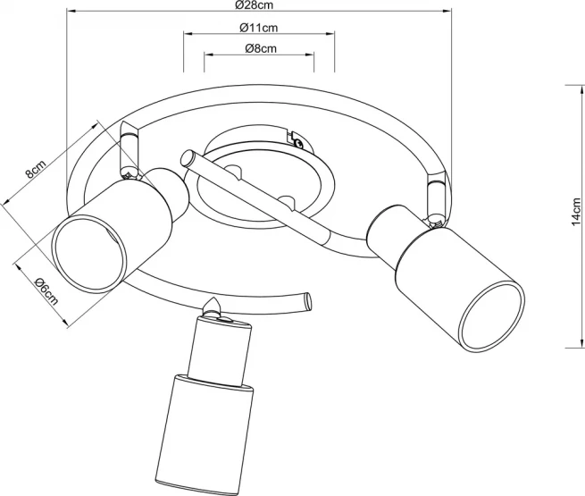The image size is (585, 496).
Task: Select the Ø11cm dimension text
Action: pyautogui.click(x=258, y=28)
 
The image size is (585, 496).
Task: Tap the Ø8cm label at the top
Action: pyautogui.click(x=261, y=48)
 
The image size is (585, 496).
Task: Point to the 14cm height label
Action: pyautogui.click(x=576, y=212)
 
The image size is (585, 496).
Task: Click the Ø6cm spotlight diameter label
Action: pyautogui.click(x=46, y=292)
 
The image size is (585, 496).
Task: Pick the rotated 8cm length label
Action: pyautogui.click(x=35, y=170)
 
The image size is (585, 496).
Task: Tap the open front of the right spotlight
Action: pyautogui.click(x=492, y=316)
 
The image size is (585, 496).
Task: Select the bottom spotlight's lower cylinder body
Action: pyautogui.click(x=204, y=434)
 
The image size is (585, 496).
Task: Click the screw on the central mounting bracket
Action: pyautogui.click(x=297, y=142)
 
